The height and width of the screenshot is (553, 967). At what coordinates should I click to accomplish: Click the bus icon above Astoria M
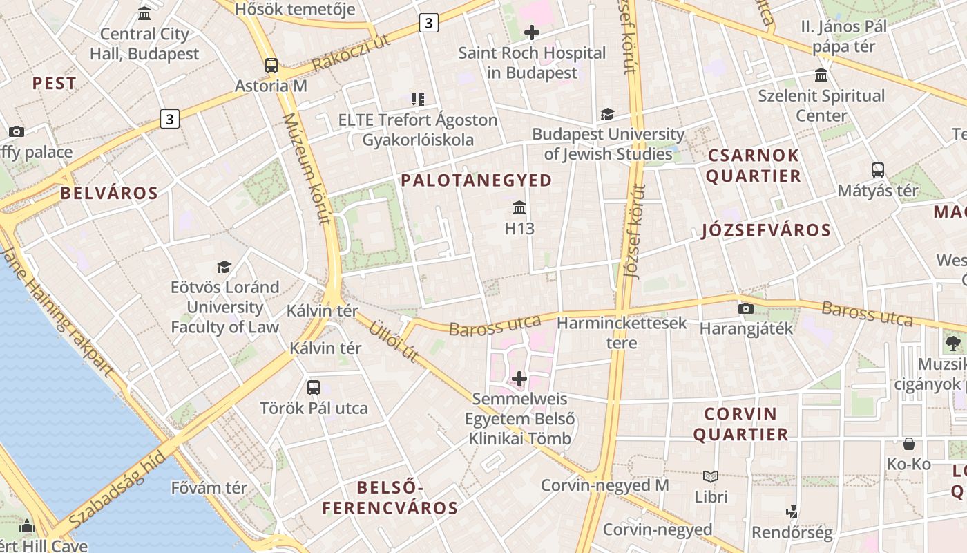[271, 66]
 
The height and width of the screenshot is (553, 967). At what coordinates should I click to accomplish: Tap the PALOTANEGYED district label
[477, 180]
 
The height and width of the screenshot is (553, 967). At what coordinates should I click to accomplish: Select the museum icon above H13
[519, 207]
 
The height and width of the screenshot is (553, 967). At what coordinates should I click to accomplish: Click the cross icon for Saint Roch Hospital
[532, 32]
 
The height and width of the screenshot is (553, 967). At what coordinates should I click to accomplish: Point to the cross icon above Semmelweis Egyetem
[519, 378]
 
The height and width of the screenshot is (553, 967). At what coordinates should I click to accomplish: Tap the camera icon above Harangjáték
[746, 308]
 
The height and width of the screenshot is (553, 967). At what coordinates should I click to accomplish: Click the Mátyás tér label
[877, 190]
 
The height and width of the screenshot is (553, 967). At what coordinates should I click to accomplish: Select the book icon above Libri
[711, 476]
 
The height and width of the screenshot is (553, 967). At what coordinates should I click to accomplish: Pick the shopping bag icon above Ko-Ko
[909, 444]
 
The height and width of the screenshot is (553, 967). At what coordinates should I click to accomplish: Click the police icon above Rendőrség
[792, 512]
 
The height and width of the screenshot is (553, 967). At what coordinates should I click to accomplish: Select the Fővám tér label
[209, 487]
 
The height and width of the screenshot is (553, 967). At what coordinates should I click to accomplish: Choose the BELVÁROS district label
[109, 193]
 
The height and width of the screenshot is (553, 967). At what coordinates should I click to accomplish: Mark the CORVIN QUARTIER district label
[740, 424]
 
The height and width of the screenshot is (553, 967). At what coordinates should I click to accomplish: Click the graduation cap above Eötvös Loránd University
[224, 267]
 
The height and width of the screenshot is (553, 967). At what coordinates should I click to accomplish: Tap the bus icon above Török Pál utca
[314, 387]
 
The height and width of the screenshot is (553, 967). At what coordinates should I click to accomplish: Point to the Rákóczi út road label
[351, 53]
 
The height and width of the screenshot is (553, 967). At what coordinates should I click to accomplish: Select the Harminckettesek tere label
[622, 332]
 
